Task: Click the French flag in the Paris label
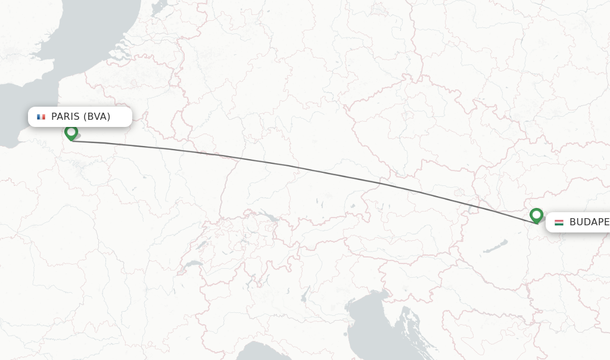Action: (41, 117)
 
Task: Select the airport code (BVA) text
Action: (97, 117)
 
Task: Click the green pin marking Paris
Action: (71, 132)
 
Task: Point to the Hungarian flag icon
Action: (559, 222)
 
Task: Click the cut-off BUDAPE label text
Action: (589, 222)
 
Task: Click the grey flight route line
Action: (298, 167)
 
